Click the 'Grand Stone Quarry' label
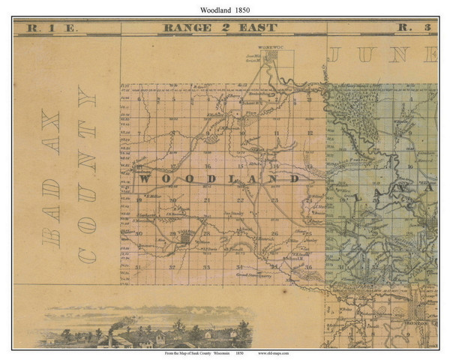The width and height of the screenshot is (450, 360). tap(256, 276)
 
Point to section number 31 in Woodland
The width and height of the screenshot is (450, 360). tap(139, 266)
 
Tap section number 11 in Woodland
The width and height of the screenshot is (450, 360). tap(277, 135)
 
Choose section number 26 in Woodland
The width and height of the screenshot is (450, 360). tap(275, 233)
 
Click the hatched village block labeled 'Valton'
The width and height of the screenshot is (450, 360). tap(184, 238)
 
